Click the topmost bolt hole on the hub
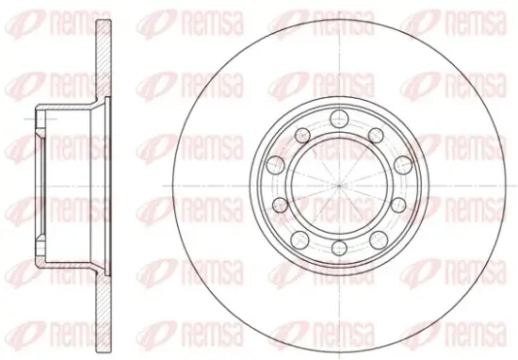(x=340, y=119)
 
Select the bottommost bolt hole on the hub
(x=340, y=248)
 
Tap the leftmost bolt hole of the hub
(x=275, y=165)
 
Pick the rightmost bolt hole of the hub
(x=403, y=165)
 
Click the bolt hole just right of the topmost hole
(x=376, y=135)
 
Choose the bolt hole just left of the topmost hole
(x=302, y=135)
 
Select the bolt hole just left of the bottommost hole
(x=299, y=240)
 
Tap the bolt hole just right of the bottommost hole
(x=379, y=240)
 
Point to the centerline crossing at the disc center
(x=340, y=186)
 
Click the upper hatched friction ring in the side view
(x=104, y=58)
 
